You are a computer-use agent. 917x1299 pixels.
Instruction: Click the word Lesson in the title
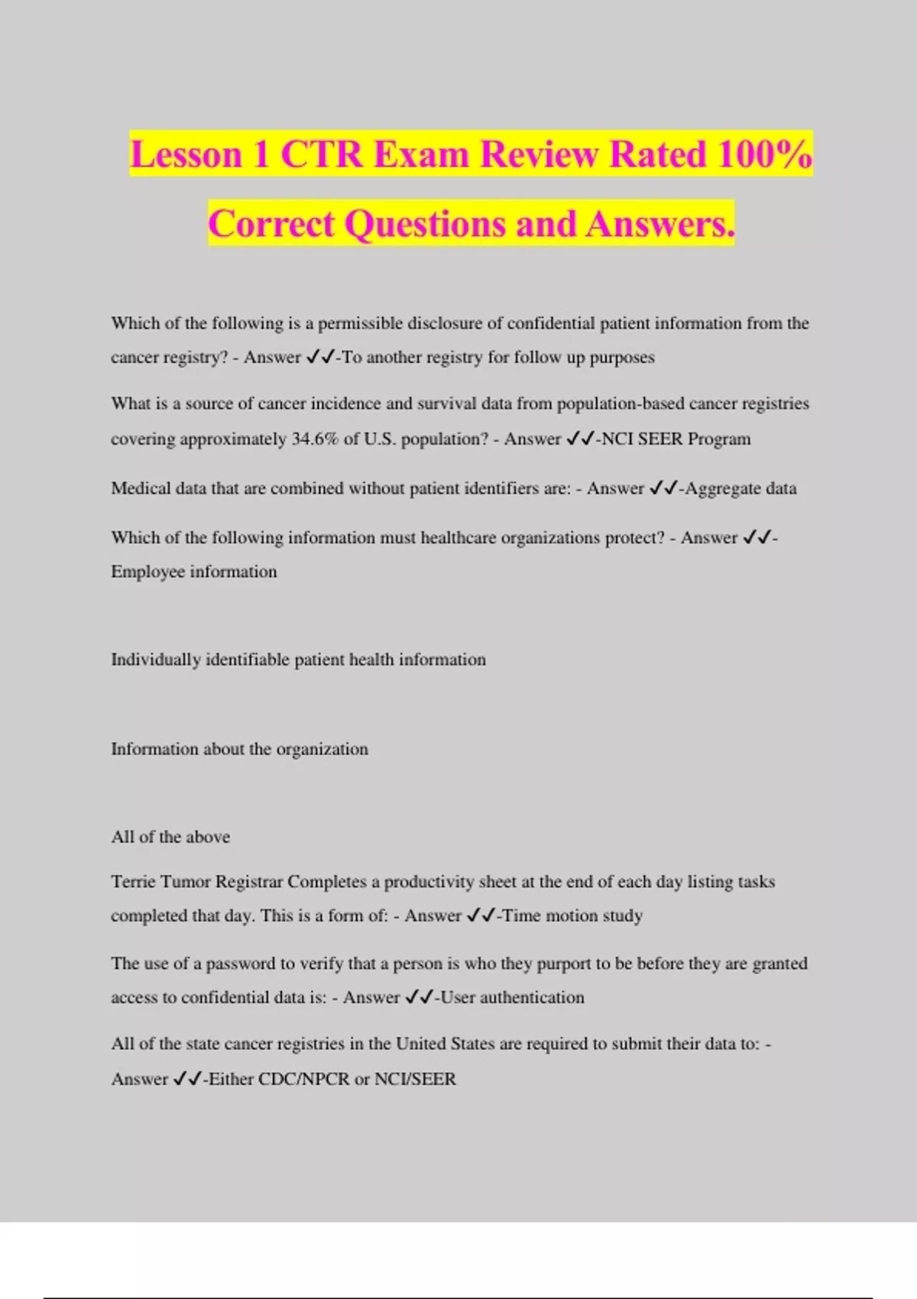186,154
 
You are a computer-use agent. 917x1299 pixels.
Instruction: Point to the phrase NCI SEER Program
676,439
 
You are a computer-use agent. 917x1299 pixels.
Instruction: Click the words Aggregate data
740,488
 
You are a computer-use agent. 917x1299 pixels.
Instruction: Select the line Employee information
194,572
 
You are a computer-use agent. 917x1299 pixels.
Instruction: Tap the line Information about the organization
239,749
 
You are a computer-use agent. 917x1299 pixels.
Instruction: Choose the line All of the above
170,837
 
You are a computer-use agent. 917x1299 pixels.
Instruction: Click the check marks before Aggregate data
663,488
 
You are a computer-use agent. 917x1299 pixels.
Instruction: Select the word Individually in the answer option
155,659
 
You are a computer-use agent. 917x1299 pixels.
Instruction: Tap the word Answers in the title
660,224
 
